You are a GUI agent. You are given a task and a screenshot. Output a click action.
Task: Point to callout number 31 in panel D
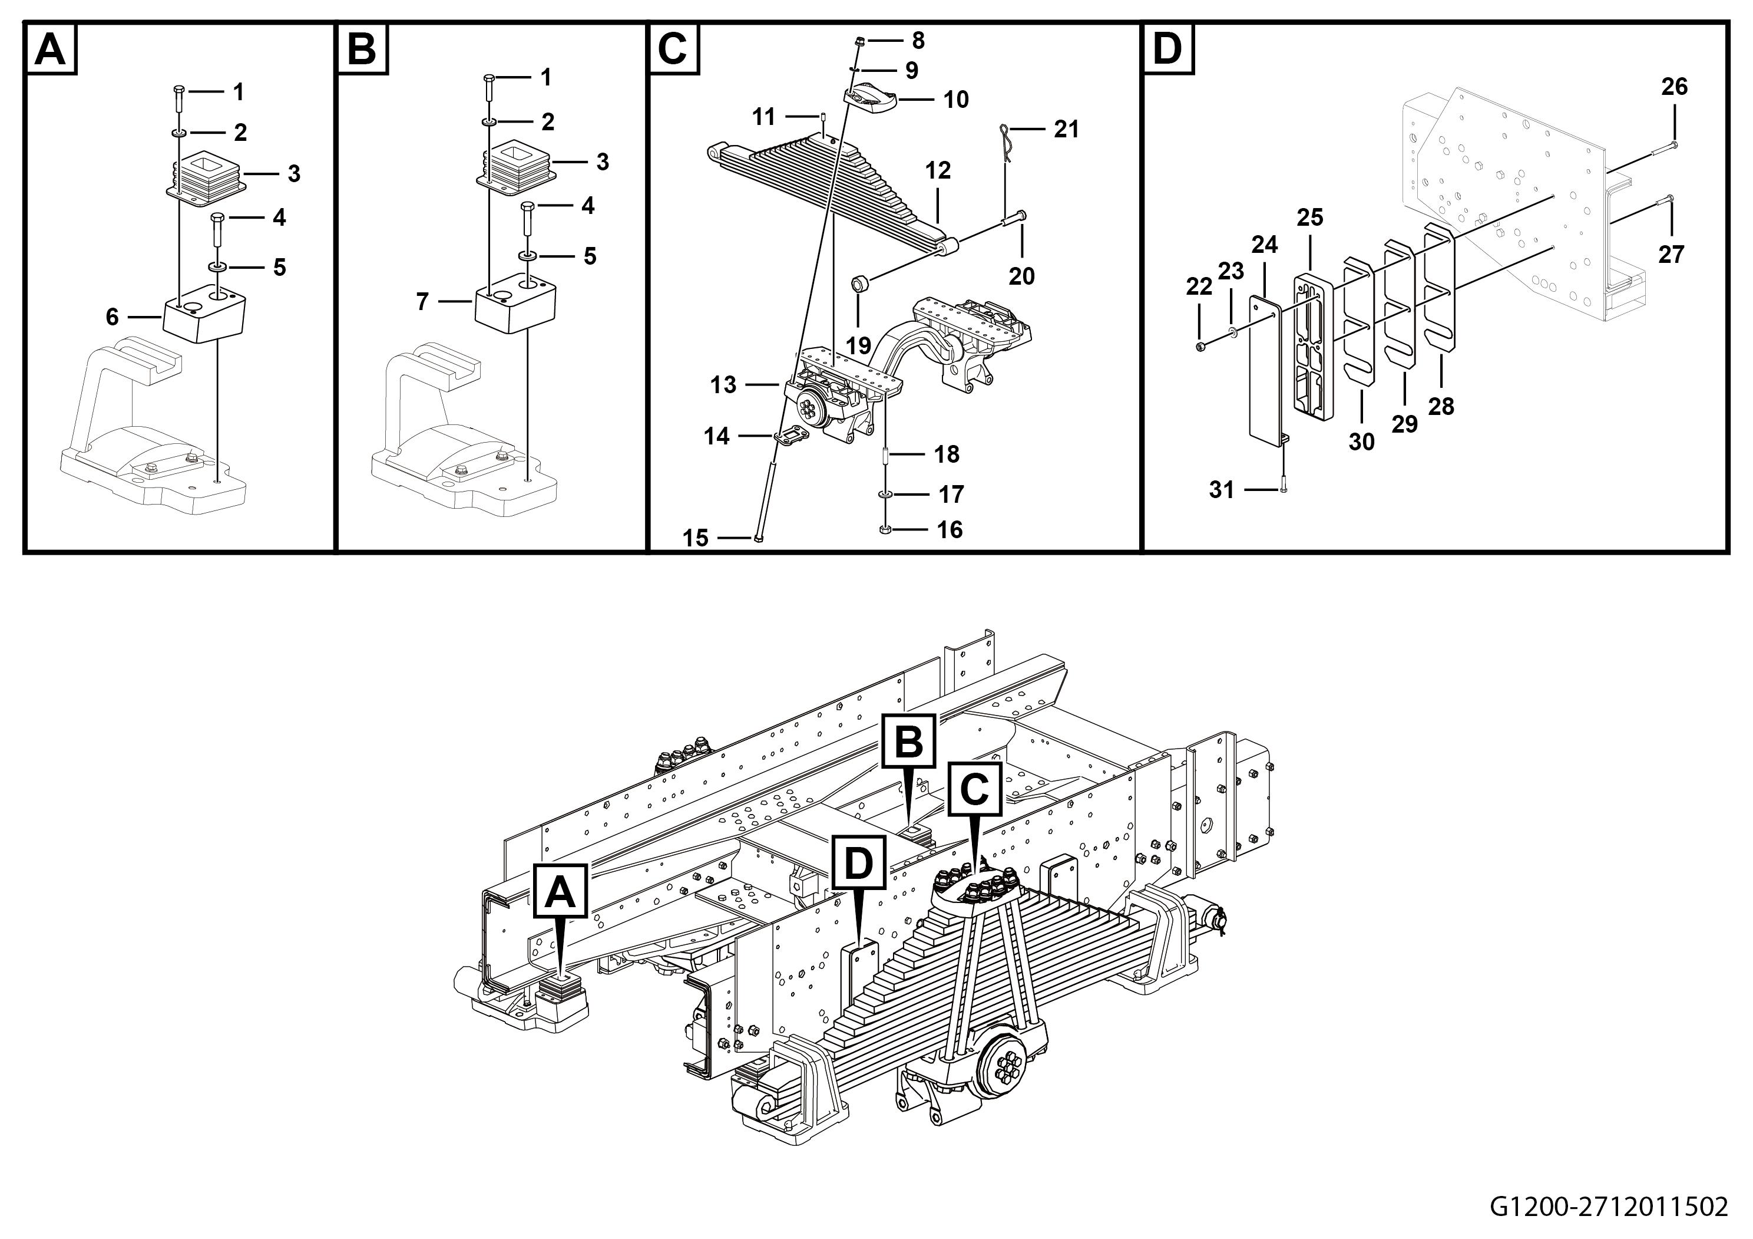pos(1222,490)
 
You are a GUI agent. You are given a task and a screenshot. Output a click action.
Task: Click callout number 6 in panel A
pos(113,317)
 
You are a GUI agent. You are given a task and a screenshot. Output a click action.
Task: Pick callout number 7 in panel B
pos(422,302)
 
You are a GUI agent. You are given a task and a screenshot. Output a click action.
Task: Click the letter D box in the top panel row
pos(1167,49)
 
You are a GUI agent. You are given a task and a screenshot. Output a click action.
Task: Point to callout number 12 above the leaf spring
pos(938,170)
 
